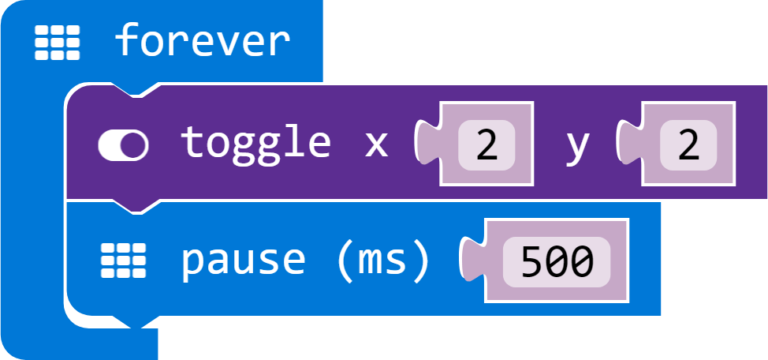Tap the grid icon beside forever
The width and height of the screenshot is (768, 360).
(x=56, y=41)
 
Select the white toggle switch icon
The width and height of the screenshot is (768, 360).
(x=123, y=146)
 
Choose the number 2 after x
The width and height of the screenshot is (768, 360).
(x=487, y=146)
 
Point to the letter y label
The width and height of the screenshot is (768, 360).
(x=577, y=146)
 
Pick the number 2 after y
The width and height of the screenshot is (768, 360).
(x=688, y=146)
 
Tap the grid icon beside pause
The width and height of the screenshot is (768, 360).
(x=123, y=261)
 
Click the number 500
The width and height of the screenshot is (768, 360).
(x=556, y=261)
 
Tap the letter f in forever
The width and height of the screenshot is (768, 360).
(x=126, y=41)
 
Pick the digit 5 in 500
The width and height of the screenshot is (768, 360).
(x=529, y=261)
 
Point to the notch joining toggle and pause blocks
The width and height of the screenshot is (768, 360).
(x=130, y=206)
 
